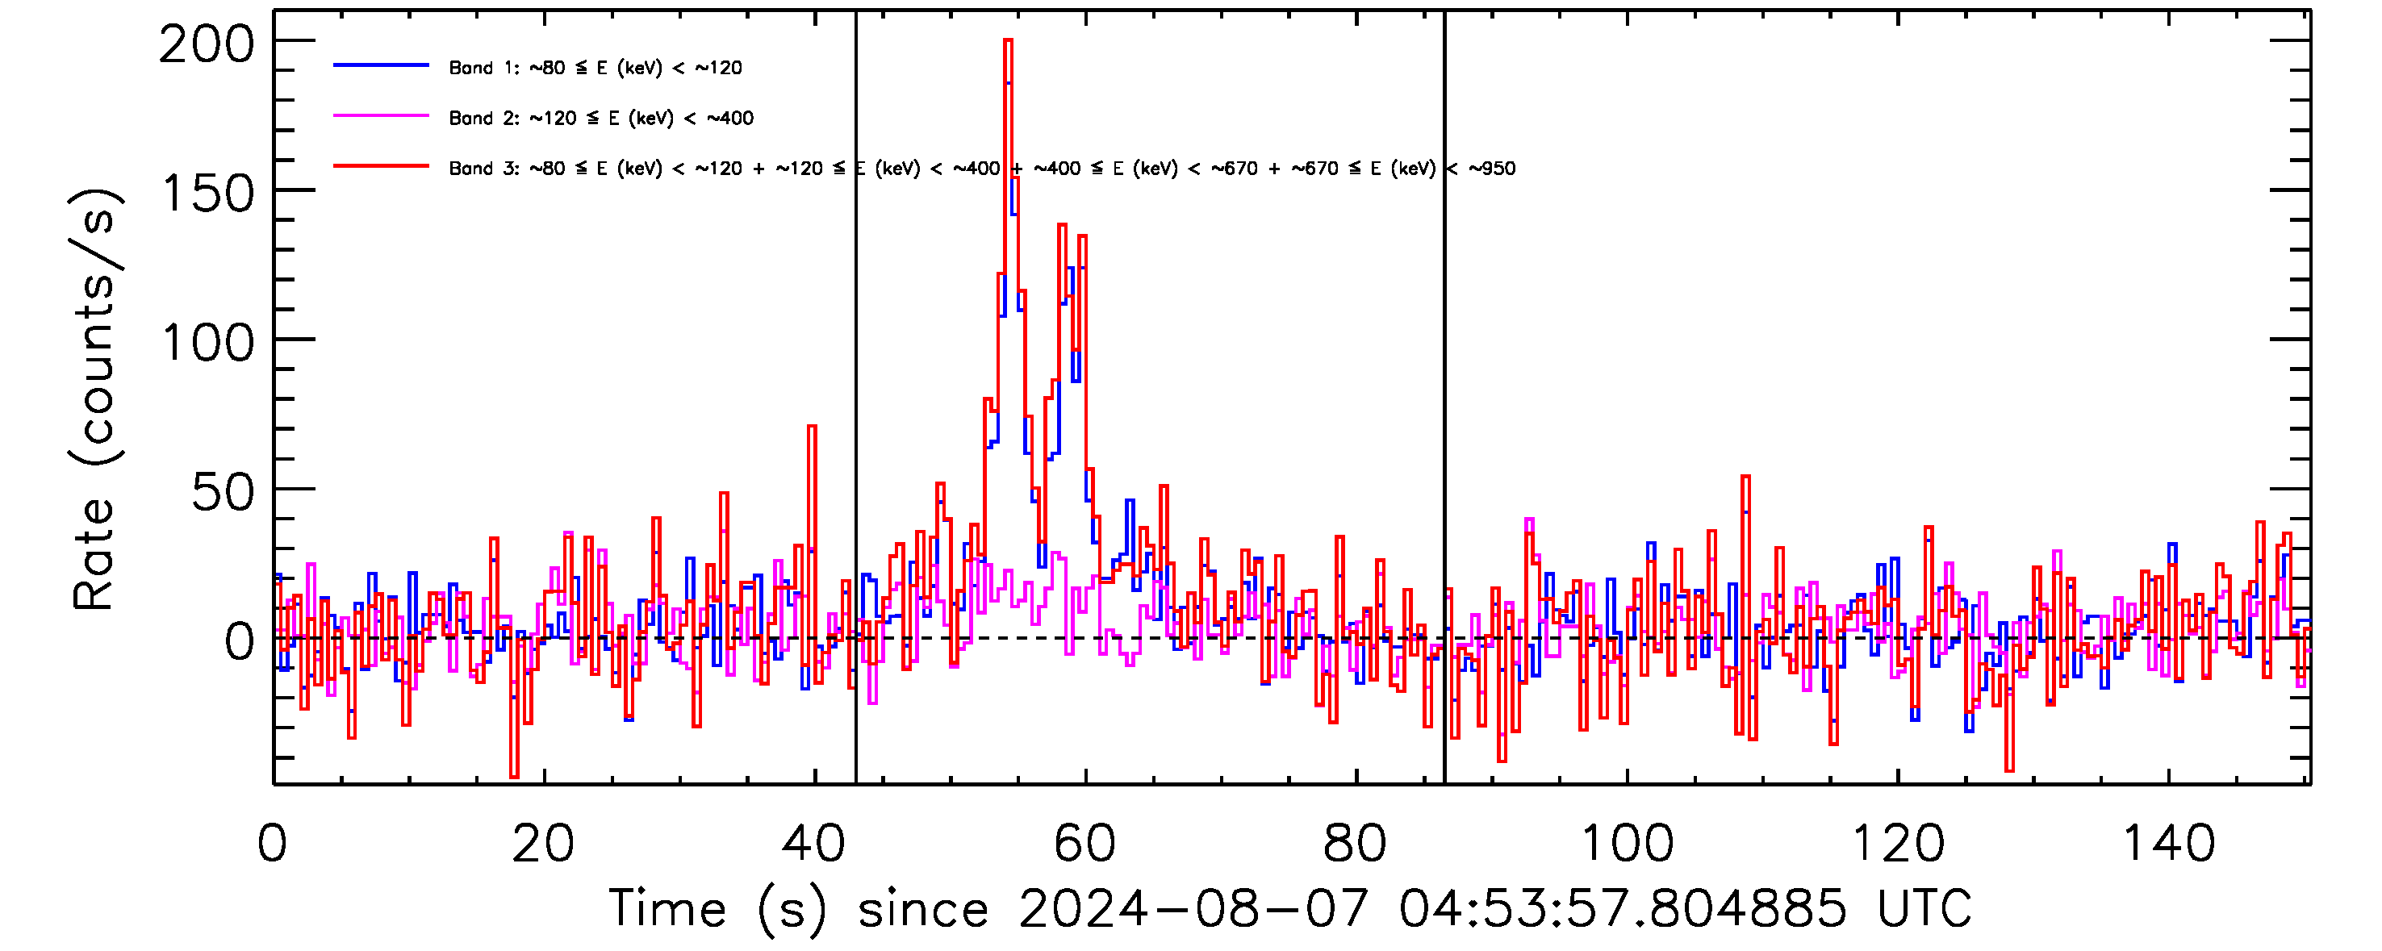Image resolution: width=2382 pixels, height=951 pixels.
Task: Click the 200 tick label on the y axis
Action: tap(207, 44)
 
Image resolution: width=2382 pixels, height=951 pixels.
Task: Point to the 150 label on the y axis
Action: tap(207, 194)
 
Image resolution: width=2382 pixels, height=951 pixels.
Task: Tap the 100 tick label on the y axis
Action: tap(207, 344)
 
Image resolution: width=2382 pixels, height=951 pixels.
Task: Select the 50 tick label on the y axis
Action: tap(223, 493)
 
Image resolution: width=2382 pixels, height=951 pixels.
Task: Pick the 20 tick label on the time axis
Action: tap(543, 844)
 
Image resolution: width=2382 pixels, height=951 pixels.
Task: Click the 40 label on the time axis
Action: tap(813, 844)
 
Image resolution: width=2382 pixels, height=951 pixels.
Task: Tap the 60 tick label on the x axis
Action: tap(1084, 844)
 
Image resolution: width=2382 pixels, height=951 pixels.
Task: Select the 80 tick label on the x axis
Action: tap(1355, 844)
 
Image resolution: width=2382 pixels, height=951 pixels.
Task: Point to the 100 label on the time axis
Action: tap(1627, 844)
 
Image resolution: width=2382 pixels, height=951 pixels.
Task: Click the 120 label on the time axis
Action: tap(1898, 844)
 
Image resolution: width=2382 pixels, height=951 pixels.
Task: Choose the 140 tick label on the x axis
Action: tap(2168, 844)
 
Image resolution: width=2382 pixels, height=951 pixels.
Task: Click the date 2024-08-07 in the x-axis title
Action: tap(1193, 908)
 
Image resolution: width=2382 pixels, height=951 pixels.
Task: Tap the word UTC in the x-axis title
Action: tap(1924, 908)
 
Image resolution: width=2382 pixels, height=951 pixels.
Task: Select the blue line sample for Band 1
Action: tap(381, 65)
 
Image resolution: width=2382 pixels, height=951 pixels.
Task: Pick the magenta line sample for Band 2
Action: tap(381, 116)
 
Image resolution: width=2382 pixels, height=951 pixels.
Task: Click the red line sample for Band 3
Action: tap(381, 166)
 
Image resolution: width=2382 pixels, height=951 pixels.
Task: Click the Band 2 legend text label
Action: tap(601, 119)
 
